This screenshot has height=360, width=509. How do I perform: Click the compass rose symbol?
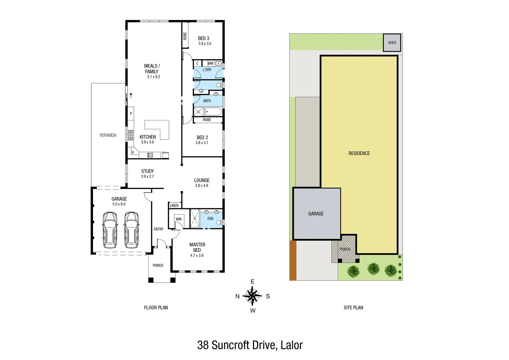[x=253, y=296]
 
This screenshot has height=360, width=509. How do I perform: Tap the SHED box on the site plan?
[x=392, y=43]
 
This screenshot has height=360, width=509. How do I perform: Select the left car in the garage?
[x=110, y=230]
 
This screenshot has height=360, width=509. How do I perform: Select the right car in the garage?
[x=132, y=230]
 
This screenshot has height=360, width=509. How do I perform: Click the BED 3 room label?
[x=204, y=38]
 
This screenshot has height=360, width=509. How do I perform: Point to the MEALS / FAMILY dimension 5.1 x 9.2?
[x=154, y=77]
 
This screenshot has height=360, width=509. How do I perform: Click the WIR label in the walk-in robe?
[x=179, y=219]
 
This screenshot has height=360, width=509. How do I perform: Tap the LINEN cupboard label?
[x=174, y=205]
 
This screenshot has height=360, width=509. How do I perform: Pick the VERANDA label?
[x=108, y=135]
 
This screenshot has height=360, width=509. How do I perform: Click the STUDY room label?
[x=148, y=171]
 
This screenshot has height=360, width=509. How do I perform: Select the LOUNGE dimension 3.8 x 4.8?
[x=202, y=186]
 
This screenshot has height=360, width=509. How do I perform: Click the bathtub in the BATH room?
[x=214, y=111]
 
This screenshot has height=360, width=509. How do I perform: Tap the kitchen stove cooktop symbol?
[x=150, y=155]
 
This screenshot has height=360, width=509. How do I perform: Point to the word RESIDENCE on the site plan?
[x=359, y=153]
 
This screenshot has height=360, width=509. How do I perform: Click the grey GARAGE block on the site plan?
[x=316, y=214]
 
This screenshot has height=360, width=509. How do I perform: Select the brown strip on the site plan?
[x=293, y=260]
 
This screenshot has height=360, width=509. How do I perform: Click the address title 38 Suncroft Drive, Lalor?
[x=250, y=345]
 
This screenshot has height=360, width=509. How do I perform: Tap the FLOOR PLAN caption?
[x=156, y=308]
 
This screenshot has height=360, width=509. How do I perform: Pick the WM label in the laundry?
[x=210, y=63]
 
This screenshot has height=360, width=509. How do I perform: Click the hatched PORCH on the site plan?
[x=345, y=249]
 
